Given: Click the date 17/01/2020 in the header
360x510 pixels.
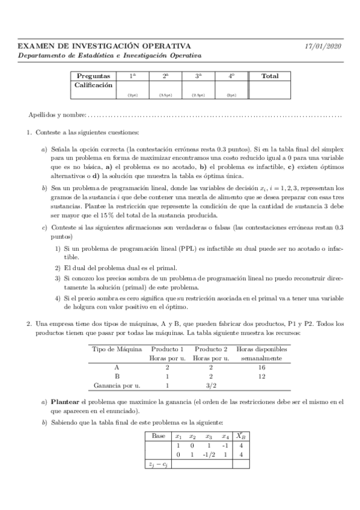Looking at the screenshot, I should coord(323,46).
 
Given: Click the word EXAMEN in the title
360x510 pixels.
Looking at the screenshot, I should coord(35,46).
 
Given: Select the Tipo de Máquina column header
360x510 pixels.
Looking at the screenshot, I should coord(117,349).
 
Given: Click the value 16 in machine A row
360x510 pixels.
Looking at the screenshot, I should coord(261,366).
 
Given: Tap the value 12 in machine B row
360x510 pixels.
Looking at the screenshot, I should coord(261,376).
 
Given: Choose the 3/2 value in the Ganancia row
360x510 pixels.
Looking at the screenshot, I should coord(210,386).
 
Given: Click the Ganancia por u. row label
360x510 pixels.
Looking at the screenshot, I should coord(117,386).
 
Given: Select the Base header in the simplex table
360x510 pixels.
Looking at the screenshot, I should coord(159,436).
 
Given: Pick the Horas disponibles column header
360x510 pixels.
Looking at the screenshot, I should coord(261,349).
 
